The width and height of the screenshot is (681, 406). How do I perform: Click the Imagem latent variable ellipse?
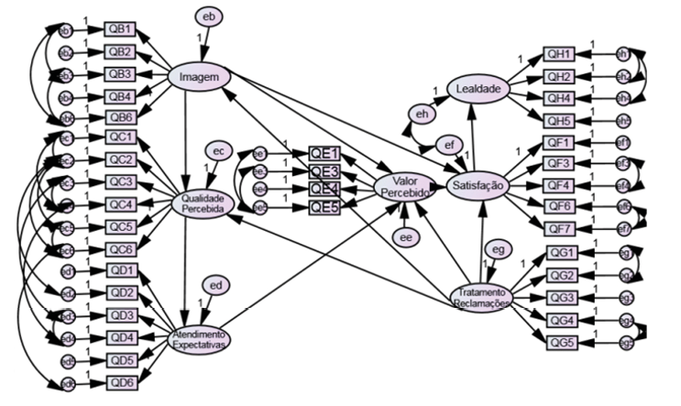click(x=199, y=78)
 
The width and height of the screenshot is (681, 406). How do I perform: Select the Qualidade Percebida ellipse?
click(x=204, y=203)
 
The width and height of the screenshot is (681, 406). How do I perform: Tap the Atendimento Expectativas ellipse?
click(x=200, y=338)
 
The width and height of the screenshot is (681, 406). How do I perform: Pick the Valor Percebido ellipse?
click(x=404, y=187)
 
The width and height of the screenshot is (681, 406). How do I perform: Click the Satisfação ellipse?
click(x=477, y=185)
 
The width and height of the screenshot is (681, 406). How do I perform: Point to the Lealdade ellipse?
click(x=478, y=89)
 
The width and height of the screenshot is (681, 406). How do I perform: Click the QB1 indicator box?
click(x=121, y=31)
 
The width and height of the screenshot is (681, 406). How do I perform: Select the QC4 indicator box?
click(x=121, y=203)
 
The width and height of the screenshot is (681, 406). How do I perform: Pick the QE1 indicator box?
click(x=324, y=154)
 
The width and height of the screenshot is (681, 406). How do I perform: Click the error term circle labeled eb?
click(x=209, y=16)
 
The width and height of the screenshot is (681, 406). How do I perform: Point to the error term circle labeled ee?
click(x=405, y=237)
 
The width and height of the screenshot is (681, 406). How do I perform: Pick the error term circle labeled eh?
click(x=422, y=114)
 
